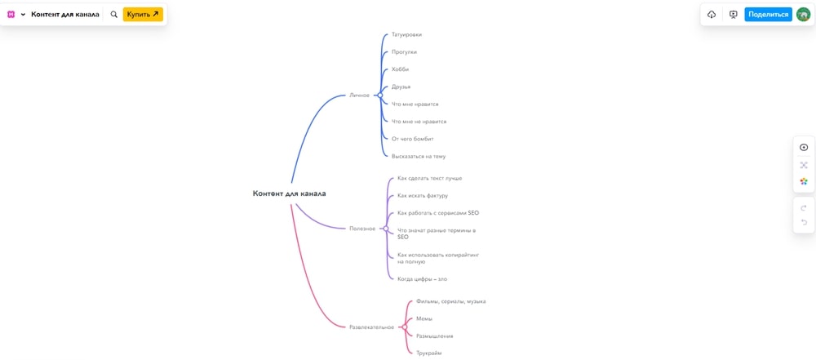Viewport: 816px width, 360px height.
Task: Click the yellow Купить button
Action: (143, 15)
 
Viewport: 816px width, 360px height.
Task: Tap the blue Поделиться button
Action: (768, 15)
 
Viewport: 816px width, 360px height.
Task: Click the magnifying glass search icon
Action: (114, 15)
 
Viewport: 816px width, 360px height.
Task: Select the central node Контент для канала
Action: (290, 193)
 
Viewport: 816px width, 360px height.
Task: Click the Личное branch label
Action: (359, 96)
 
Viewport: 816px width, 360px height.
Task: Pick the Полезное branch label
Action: (362, 229)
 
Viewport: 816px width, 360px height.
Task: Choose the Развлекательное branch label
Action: (371, 327)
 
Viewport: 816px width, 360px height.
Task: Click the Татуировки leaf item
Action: (406, 34)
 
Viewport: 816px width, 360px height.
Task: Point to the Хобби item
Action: (400, 69)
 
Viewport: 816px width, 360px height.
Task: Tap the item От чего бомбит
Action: (413, 139)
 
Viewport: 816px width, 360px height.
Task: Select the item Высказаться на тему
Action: (419, 156)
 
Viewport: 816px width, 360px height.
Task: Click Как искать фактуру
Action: (423, 195)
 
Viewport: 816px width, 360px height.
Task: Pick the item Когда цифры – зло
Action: (422, 278)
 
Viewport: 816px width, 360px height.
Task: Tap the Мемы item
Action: (424, 318)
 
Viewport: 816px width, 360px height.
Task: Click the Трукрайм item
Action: (429, 353)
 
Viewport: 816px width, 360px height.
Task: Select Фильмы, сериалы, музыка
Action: (451, 301)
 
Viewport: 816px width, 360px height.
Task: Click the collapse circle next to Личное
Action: (380, 96)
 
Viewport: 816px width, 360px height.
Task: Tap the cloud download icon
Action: (712, 15)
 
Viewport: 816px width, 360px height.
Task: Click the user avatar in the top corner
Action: (804, 15)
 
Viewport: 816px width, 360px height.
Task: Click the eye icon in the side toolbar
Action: (804, 148)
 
